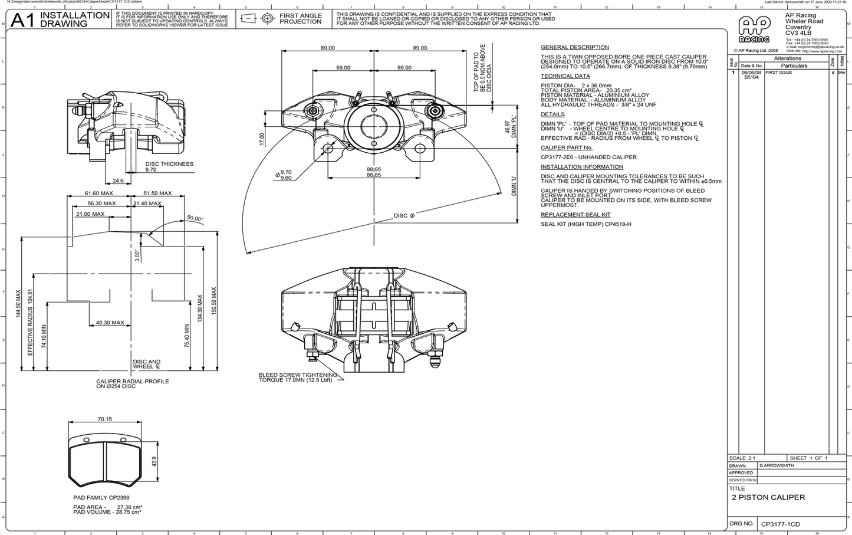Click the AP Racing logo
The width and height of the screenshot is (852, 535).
click(754, 30)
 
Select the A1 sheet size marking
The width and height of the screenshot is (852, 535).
click(23, 20)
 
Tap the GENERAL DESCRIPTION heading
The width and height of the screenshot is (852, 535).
click(574, 47)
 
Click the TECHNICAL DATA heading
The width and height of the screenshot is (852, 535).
click(565, 76)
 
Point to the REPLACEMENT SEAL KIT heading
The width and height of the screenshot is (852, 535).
click(575, 215)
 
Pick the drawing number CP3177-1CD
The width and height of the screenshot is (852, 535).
click(780, 524)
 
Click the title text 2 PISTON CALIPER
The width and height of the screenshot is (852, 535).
click(768, 497)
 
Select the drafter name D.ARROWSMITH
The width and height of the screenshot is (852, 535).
click(777, 465)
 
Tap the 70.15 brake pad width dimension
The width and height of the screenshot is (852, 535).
click(104, 419)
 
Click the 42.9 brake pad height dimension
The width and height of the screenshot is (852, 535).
click(154, 462)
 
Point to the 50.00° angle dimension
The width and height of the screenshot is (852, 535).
click(195, 218)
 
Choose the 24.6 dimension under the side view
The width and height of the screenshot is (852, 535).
click(118, 181)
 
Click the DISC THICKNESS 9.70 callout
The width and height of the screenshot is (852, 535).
click(169, 167)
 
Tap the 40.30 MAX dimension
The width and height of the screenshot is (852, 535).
click(110, 323)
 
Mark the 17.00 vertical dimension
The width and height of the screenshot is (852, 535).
click(262, 139)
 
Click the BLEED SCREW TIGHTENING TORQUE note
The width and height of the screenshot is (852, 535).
click(297, 378)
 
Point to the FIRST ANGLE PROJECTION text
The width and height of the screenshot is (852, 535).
click(301, 19)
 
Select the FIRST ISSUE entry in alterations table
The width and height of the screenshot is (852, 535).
click(778, 73)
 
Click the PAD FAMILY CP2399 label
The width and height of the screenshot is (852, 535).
click(101, 498)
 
